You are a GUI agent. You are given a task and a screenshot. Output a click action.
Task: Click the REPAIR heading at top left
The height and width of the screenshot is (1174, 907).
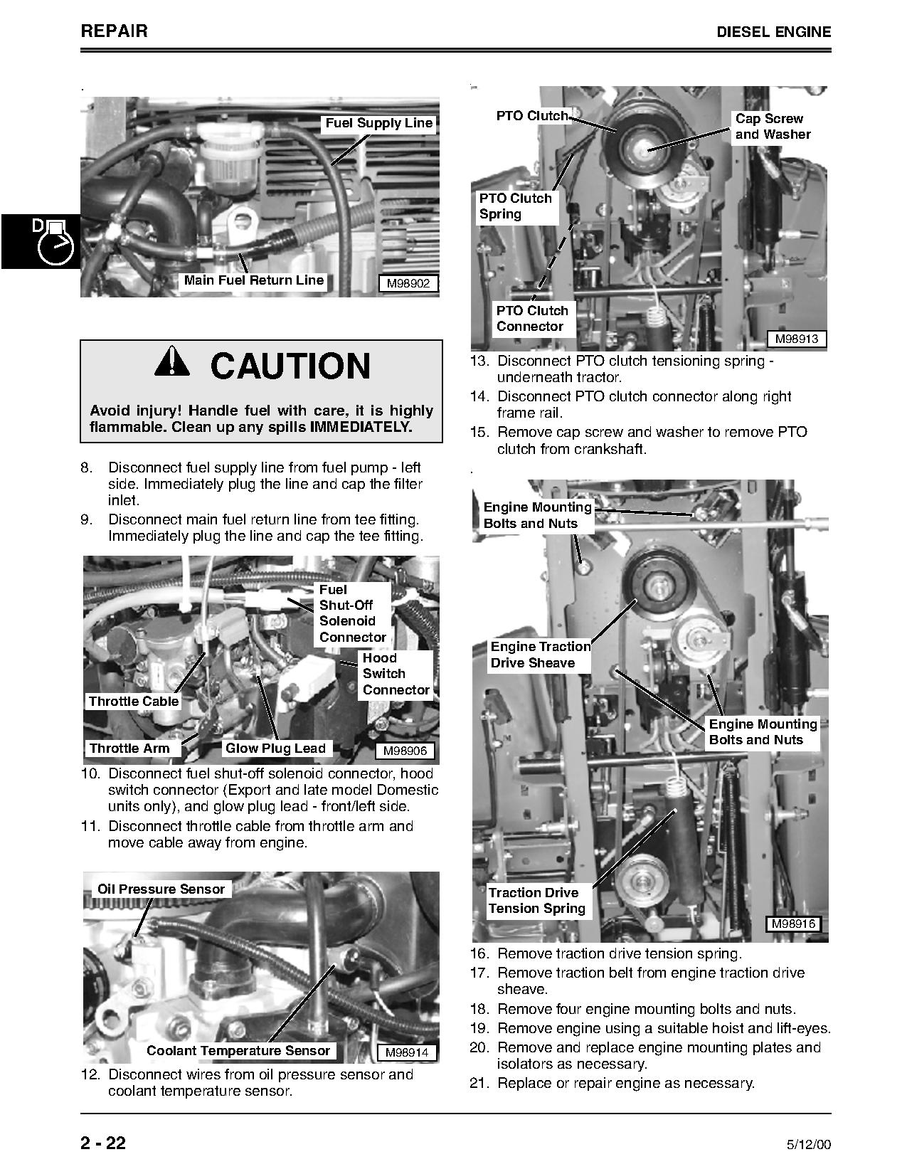click(115, 31)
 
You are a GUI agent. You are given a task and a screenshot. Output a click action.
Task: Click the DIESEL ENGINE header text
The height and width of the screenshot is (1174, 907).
click(773, 32)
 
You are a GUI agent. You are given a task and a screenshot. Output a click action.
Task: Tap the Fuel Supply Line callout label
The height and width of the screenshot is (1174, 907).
click(378, 123)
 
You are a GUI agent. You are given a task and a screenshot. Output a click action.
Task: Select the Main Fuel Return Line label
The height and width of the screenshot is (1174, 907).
click(254, 280)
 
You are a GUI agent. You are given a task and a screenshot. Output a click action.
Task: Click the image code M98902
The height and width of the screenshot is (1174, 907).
click(408, 283)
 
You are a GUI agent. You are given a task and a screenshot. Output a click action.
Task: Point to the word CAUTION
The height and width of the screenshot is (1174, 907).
click(290, 366)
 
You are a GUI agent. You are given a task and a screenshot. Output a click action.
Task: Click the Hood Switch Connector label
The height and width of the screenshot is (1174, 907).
click(396, 674)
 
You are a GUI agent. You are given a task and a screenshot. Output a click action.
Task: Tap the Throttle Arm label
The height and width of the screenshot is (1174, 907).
click(129, 749)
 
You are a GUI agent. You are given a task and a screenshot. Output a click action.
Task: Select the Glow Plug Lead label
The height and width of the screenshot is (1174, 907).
click(275, 749)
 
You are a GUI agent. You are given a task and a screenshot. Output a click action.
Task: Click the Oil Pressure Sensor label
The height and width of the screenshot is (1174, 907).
click(161, 889)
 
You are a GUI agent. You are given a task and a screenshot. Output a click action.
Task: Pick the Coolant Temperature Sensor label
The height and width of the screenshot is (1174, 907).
click(238, 1051)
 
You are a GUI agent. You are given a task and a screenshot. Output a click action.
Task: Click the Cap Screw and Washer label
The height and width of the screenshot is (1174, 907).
click(772, 127)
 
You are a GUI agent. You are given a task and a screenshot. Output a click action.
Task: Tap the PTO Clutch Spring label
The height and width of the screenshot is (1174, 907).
click(515, 206)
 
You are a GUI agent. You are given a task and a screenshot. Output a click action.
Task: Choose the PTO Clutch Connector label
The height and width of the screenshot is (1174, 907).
click(532, 319)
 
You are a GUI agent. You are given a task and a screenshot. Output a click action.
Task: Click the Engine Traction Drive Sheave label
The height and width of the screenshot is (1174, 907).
click(540, 655)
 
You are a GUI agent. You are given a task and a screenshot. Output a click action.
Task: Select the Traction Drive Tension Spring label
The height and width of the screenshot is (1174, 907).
click(536, 901)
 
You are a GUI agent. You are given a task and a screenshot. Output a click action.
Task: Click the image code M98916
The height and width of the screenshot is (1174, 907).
click(793, 924)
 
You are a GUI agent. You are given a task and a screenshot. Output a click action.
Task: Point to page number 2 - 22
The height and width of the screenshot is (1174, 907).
click(103, 1143)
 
